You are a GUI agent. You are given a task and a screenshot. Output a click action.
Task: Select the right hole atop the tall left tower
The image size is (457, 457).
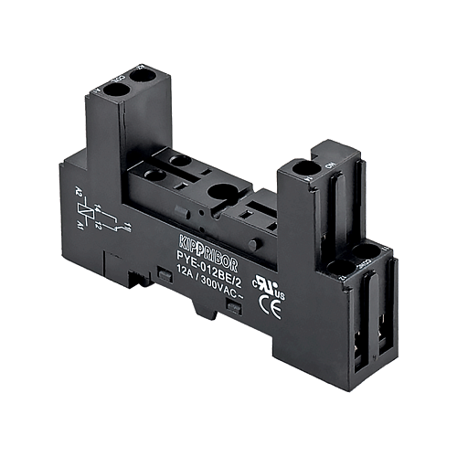pos(142,80)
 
